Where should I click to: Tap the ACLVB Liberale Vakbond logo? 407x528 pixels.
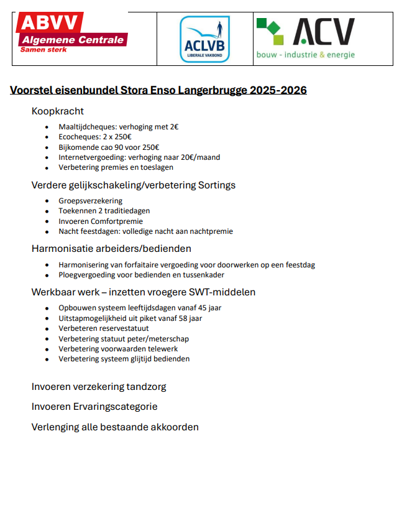pyautogui.click(x=204, y=39)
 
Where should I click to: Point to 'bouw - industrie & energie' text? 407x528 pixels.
pyautogui.click(x=306, y=55)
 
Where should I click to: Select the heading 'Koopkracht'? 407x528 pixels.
pyautogui.click(x=58, y=111)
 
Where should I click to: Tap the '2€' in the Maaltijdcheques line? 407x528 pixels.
pyautogui.click(x=174, y=127)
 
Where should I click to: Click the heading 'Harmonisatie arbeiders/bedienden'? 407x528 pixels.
pyautogui.click(x=111, y=249)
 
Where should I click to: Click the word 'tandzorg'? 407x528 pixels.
pyautogui.click(x=147, y=387)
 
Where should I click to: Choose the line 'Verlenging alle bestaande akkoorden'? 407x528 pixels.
pyautogui.click(x=115, y=427)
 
